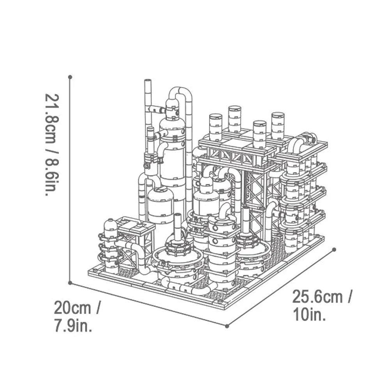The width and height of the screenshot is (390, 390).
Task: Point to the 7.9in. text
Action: (x=73, y=326)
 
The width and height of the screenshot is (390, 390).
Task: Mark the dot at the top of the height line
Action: (x=70, y=77)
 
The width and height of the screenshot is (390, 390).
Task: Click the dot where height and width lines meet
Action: (x=70, y=283)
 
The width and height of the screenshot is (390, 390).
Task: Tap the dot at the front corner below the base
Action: (x=227, y=324)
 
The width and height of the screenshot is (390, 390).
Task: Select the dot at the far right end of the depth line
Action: (x=334, y=249)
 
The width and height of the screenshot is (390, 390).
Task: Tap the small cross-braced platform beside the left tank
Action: (x=133, y=238)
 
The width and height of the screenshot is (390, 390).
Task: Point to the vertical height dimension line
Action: (x=70, y=179)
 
